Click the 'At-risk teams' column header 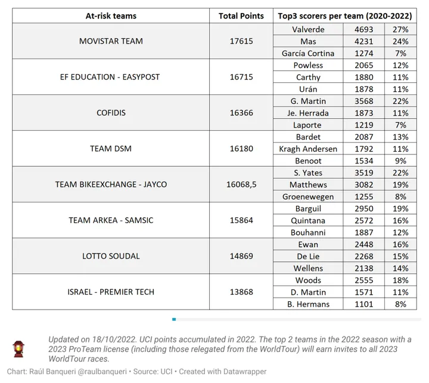111,16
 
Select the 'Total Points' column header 241,16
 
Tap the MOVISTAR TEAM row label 111,41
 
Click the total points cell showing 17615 241,41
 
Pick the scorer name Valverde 308,29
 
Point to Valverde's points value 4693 363,29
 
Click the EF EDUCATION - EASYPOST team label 111,77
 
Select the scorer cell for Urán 308,89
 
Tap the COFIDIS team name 111,113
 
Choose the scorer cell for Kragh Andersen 308,149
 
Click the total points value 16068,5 241,184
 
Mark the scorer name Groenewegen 308,196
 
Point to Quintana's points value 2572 363,220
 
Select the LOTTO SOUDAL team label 111,256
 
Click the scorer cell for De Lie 308,256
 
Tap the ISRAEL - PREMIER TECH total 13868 241,292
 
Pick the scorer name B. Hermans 308,304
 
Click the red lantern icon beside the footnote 19,348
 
